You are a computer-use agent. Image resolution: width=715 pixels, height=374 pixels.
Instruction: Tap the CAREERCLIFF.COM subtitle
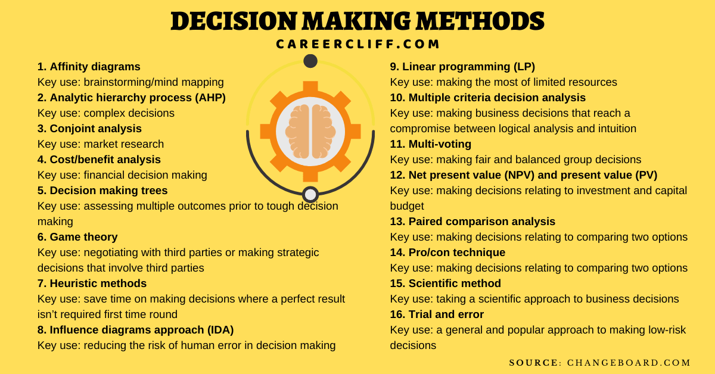point(357,44)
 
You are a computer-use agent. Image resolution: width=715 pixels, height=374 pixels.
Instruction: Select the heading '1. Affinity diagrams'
point(89,67)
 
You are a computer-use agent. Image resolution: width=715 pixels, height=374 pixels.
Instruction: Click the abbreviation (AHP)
point(210,98)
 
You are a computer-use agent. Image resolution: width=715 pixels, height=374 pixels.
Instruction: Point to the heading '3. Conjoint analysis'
point(89,129)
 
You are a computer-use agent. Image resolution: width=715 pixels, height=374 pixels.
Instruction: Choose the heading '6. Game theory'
point(77,237)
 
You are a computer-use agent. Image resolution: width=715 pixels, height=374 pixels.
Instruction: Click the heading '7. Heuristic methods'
point(92,283)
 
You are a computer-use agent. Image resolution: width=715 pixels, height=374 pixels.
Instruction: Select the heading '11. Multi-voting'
point(431,144)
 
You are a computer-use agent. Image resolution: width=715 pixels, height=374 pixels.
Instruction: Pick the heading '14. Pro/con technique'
point(447,253)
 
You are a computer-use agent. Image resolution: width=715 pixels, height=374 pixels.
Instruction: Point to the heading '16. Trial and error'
point(437,314)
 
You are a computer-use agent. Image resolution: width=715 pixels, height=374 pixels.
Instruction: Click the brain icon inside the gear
point(310,132)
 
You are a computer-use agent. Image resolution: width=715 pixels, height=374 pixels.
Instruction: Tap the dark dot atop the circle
point(310,61)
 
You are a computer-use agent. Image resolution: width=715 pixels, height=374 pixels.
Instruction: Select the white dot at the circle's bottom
point(310,194)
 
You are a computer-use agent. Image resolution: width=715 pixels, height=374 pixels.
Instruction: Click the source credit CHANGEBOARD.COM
point(629,363)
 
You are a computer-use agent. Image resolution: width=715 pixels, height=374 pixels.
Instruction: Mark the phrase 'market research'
point(124,144)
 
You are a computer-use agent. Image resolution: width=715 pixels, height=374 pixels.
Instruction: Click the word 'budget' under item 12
point(407,206)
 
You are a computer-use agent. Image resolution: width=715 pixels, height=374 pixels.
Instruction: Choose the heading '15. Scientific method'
point(445,283)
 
